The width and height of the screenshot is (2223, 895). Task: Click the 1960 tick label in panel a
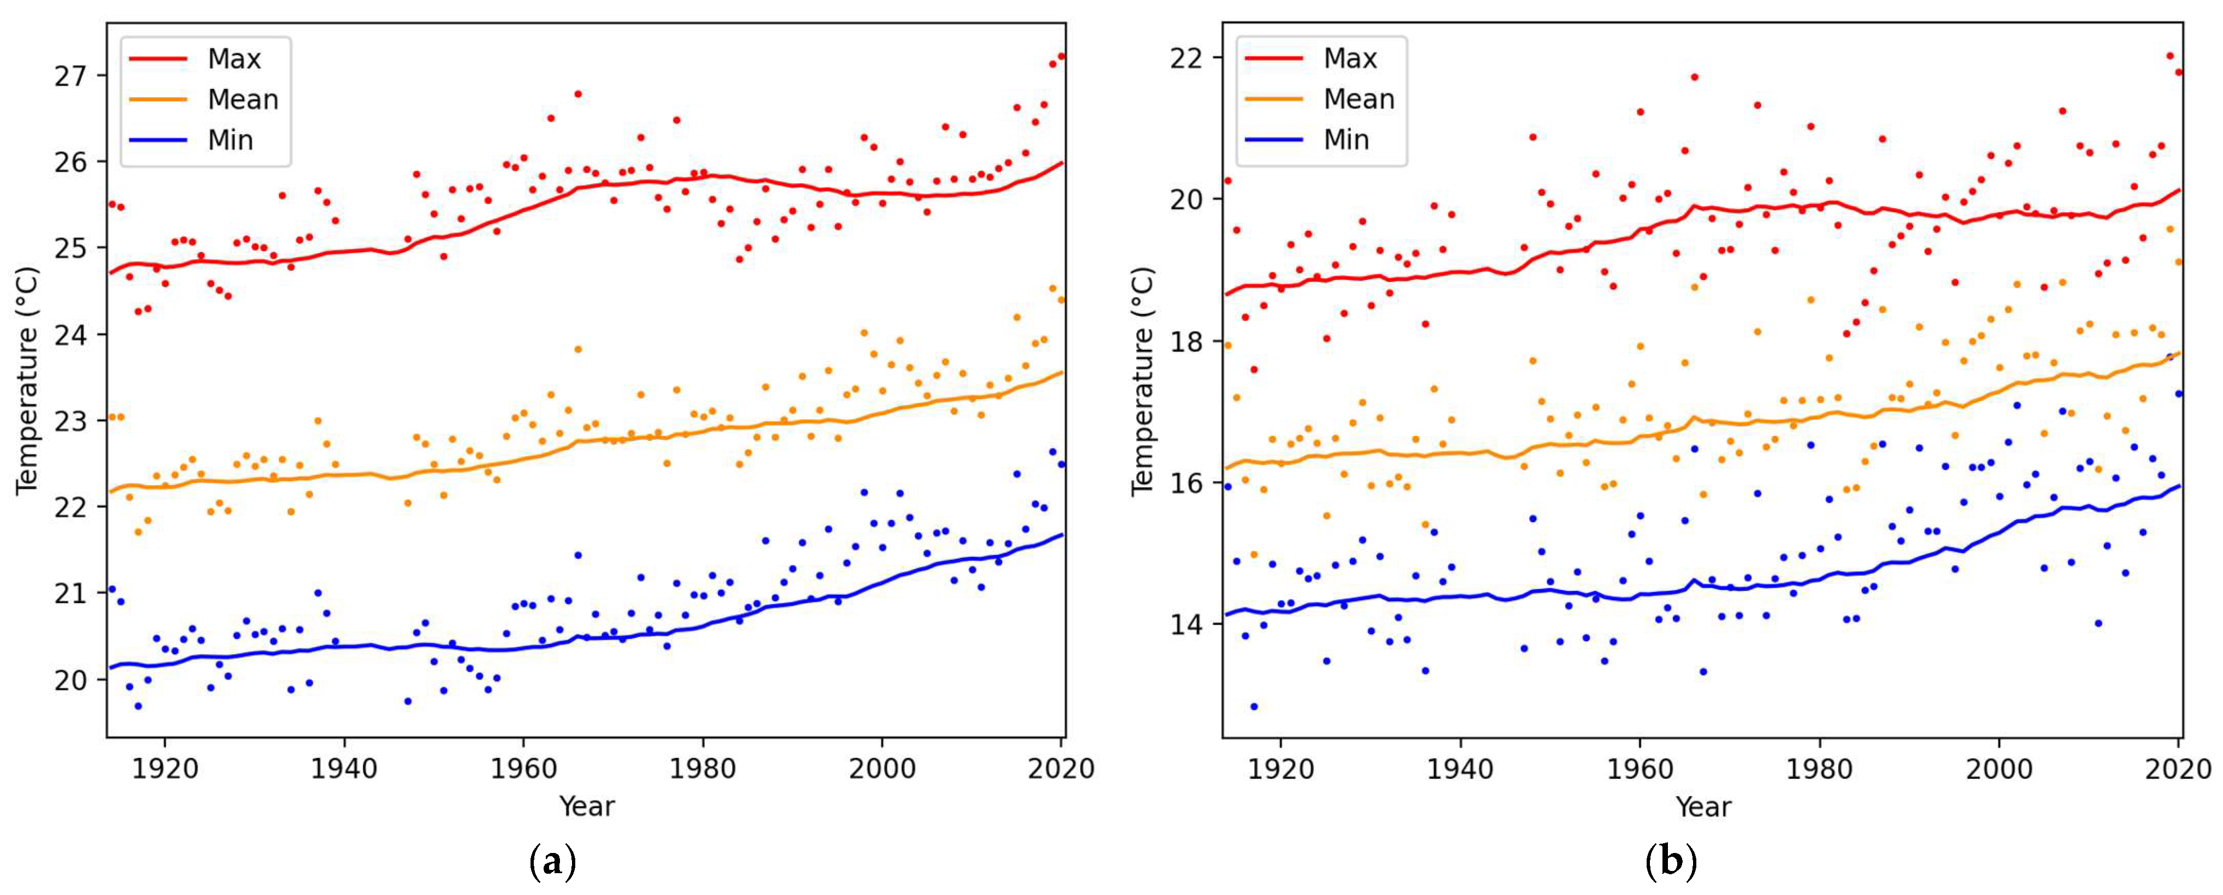click(x=524, y=768)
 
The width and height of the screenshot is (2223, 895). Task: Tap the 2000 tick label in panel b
click(x=1999, y=768)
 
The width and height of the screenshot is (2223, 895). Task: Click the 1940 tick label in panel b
click(x=1460, y=768)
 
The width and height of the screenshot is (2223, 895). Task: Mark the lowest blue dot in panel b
click(x=1254, y=706)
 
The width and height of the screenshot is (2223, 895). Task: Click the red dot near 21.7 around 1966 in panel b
click(x=1694, y=77)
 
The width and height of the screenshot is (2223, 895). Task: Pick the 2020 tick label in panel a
click(x=1060, y=768)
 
